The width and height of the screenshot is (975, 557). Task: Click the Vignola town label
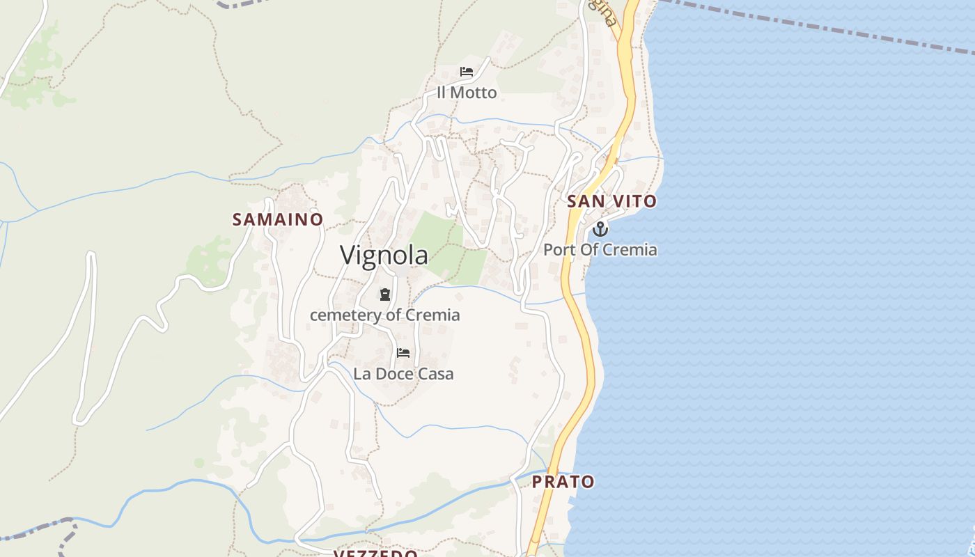(x=384, y=255)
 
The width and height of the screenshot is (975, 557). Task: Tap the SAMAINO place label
(x=277, y=219)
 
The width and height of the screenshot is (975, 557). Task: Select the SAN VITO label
(x=611, y=201)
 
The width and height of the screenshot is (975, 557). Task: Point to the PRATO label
(x=563, y=481)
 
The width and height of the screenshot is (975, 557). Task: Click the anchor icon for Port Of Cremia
(x=600, y=228)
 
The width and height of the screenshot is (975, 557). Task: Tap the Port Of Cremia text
(x=600, y=249)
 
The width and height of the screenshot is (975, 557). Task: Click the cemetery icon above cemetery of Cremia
(x=384, y=295)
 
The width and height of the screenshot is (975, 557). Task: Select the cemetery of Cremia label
(x=384, y=315)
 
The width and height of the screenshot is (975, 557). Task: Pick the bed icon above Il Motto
(x=467, y=72)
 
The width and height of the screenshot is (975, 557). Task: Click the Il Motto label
(x=467, y=93)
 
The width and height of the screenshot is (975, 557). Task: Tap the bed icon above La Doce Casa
(x=403, y=353)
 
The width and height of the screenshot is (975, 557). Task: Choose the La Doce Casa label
(x=403, y=374)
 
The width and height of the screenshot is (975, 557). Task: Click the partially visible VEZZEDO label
(x=375, y=553)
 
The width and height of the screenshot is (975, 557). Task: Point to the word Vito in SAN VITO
(x=634, y=201)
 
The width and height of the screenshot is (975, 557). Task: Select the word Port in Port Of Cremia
(x=558, y=249)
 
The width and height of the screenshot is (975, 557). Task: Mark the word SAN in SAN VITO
(x=584, y=201)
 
